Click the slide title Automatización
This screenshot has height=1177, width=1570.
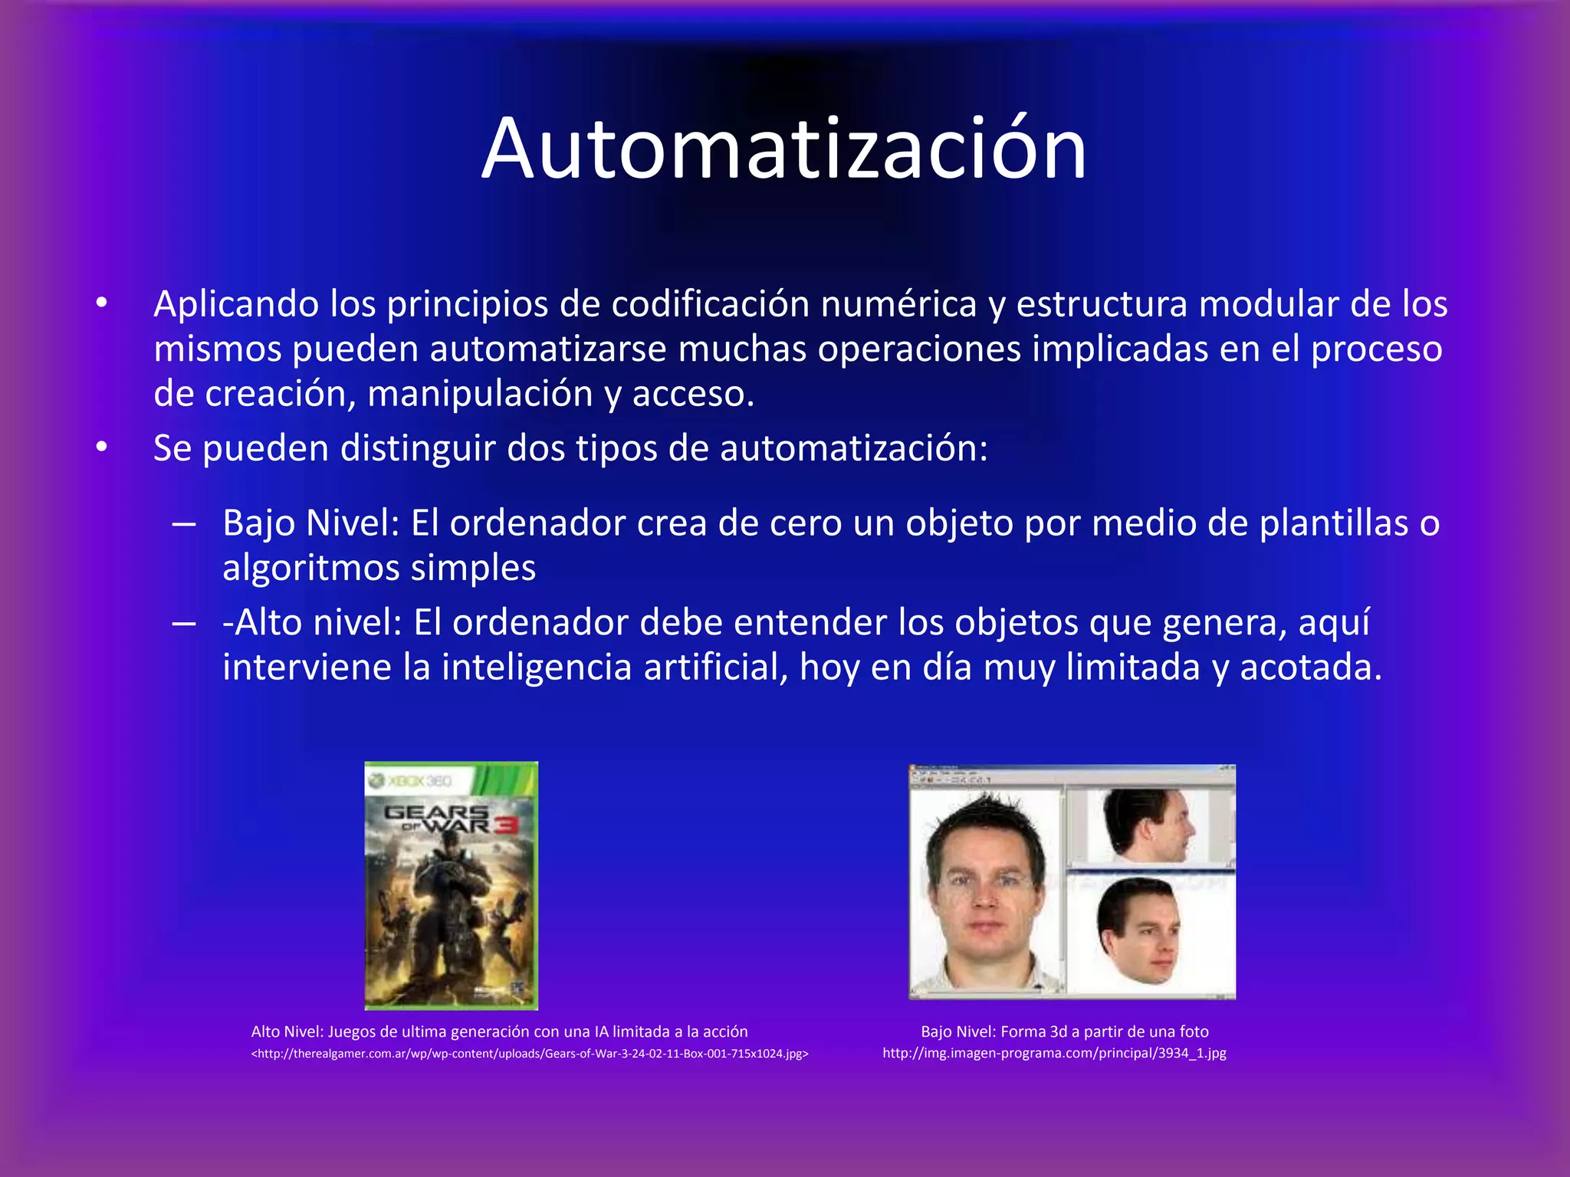point(783,149)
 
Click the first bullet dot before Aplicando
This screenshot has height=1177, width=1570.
point(102,304)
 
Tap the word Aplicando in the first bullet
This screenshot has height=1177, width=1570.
point(235,305)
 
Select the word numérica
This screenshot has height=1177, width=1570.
point(898,304)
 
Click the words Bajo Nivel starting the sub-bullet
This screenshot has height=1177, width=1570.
point(310,523)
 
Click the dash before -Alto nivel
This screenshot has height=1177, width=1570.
point(184,623)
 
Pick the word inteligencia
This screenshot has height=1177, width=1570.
point(537,667)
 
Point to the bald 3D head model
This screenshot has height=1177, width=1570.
point(1139,931)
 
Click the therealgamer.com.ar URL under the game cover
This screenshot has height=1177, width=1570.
point(530,1054)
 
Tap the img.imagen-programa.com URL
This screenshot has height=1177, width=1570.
point(1054,1053)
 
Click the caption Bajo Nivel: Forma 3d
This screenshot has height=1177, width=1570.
point(1064,1031)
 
